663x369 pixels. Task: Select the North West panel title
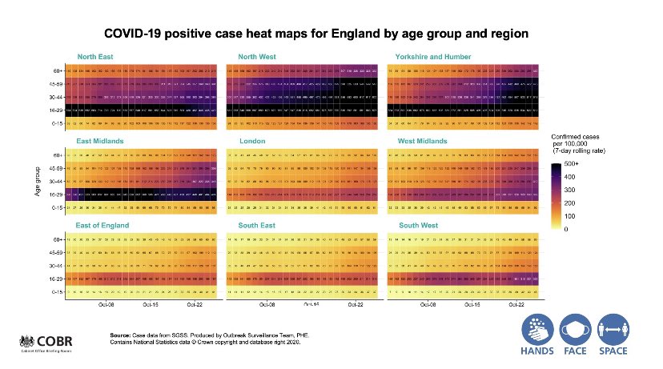257,56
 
